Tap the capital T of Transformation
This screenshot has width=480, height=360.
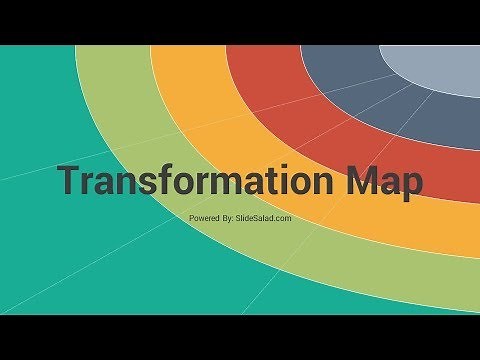pos(69,183)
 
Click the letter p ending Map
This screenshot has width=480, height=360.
pos(411,187)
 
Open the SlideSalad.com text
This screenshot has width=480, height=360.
pos(265,217)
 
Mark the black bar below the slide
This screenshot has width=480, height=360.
pos(240,337)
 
